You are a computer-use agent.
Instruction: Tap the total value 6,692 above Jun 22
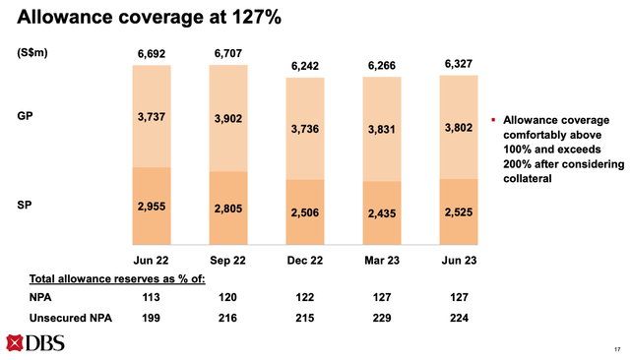click(x=152, y=53)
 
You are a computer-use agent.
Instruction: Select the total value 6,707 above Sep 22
click(x=228, y=53)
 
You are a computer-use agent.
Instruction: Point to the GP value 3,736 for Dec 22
click(x=306, y=129)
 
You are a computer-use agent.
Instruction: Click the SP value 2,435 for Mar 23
click(x=383, y=212)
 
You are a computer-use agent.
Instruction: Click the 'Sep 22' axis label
click(x=228, y=259)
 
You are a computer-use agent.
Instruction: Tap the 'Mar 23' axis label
click(x=383, y=259)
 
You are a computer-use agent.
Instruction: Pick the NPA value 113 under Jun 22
click(x=152, y=298)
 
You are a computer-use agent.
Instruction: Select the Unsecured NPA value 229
click(x=383, y=318)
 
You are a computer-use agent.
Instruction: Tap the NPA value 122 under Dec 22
click(x=306, y=298)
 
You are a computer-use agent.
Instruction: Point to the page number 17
click(x=615, y=350)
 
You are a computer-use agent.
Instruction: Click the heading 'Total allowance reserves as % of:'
click(x=111, y=278)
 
